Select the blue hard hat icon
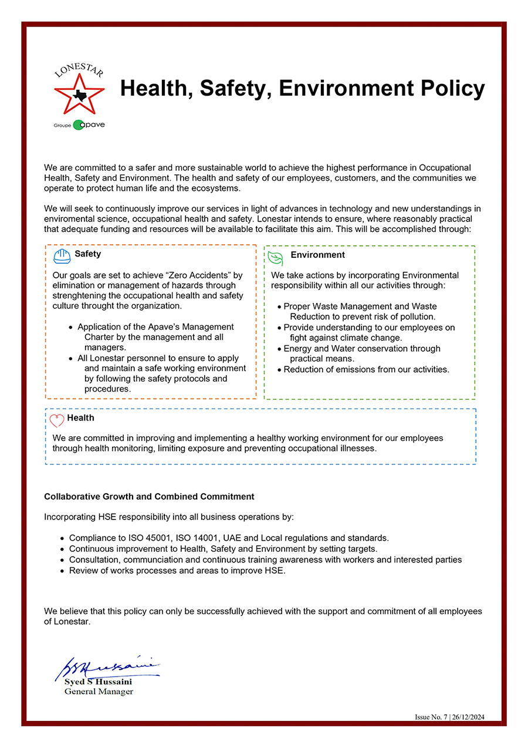pyautogui.click(x=62, y=257)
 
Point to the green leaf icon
pyautogui.click(x=275, y=258)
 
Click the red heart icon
pyautogui.click(x=57, y=420)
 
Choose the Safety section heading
pyautogui.click(x=88, y=254)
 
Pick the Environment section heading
pyautogui.click(x=317, y=255)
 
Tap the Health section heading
pyautogui.click(x=80, y=418)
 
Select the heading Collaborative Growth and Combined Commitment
pyautogui.click(x=149, y=497)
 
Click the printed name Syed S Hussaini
pyautogui.click(x=98, y=682)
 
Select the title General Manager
pyautogui.click(x=99, y=692)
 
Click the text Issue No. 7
pyautogui.click(x=431, y=717)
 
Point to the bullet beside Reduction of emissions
pyautogui.click(x=280, y=370)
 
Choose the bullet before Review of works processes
pyautogui.click(x=63, y=571)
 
